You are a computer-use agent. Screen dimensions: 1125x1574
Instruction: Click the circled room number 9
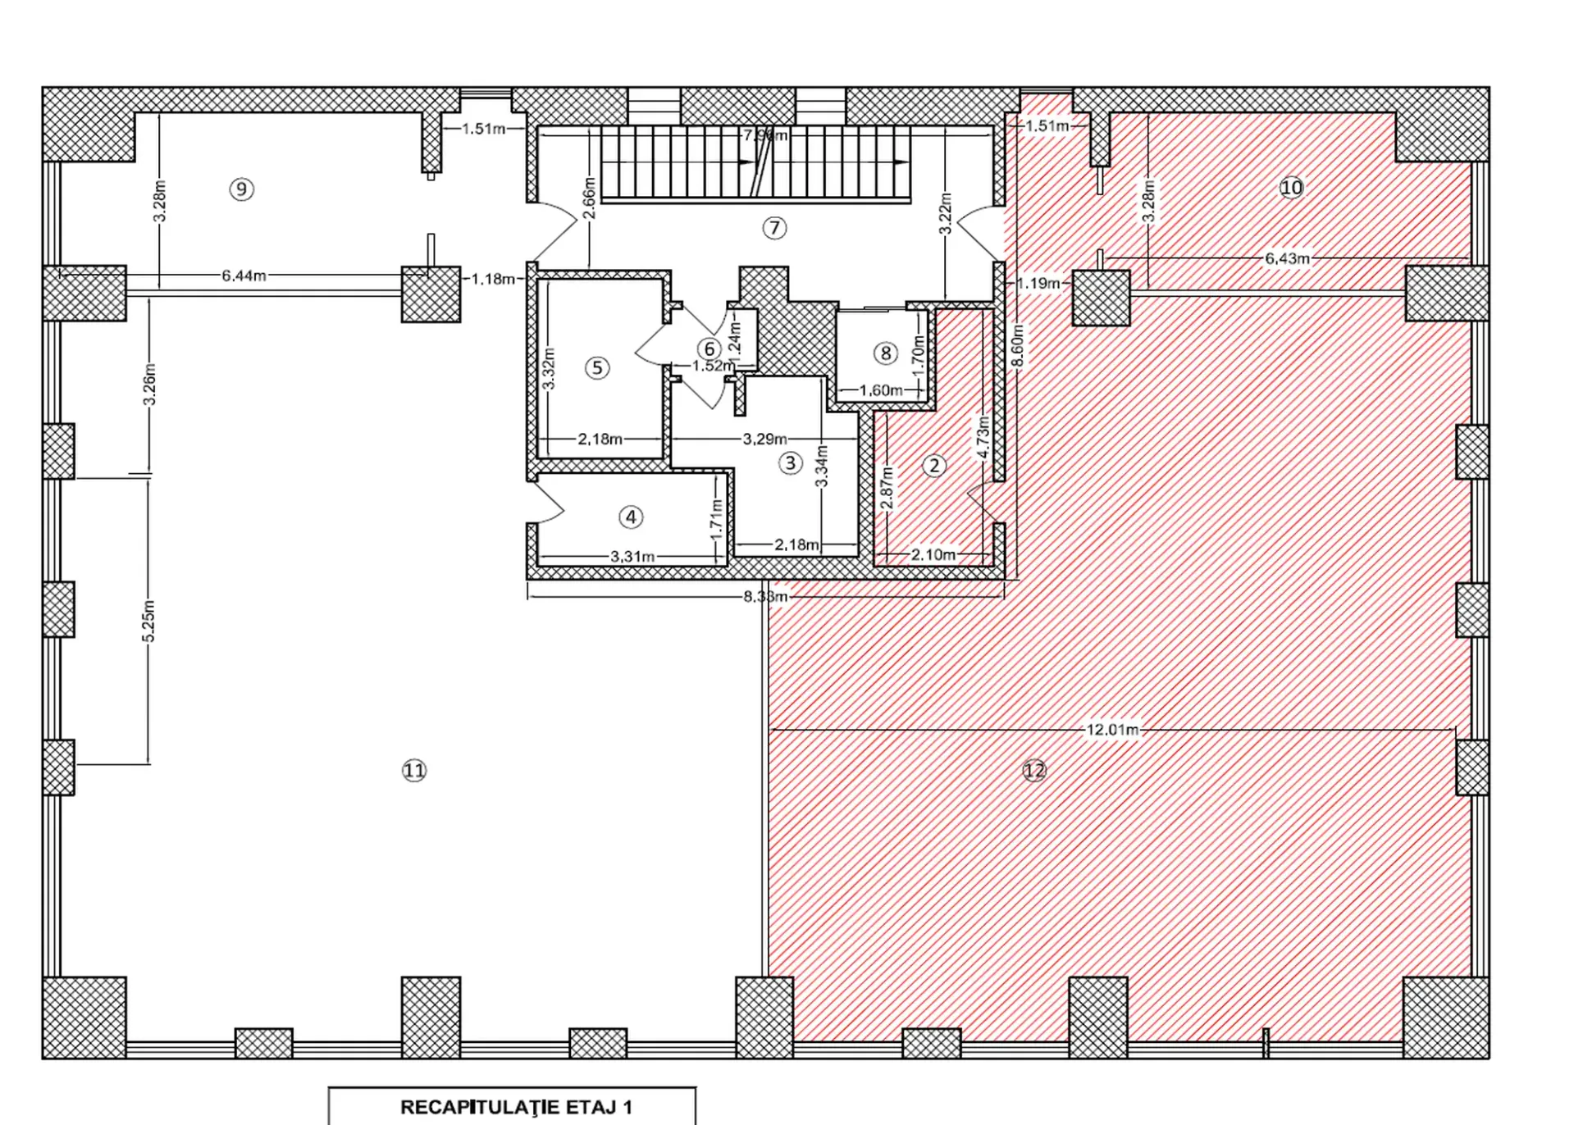tap(241, 189)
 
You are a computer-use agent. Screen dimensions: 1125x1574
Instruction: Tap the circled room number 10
tap(1291, 188)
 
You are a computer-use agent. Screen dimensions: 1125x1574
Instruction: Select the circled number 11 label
tap(414, 770)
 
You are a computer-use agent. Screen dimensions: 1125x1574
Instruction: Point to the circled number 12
tap(1034, 770)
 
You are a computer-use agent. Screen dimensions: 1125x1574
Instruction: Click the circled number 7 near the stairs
tap(774, 227)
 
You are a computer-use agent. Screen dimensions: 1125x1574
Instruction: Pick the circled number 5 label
tap(597, 367)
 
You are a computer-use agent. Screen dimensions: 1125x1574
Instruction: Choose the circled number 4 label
tap(631, 517)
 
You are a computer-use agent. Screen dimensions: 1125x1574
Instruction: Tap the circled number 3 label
tap(790, 463)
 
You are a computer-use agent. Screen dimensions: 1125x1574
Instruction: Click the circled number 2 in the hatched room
tap(934, 466)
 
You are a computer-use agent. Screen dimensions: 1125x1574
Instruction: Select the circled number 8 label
tap(885, 353)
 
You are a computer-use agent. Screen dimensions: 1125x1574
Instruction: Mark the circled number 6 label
tap(709, 349)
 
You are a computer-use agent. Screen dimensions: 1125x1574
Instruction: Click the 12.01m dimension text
tap(1112, 729)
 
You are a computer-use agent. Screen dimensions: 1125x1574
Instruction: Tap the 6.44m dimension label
tap(244, 276)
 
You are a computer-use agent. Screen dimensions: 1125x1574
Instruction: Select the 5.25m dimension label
tap(148, 622)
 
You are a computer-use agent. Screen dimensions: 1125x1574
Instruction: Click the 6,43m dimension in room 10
tap(1287, 258)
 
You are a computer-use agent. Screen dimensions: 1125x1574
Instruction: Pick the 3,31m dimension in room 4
tap(632, 557)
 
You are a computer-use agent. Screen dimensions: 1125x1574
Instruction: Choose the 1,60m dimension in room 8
tap(881, 390)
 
